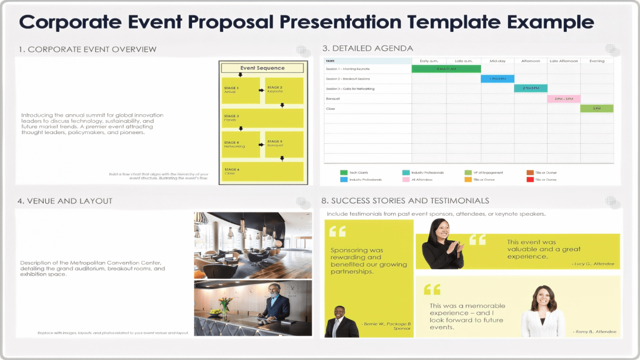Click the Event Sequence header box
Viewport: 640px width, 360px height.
[x=262, y=68]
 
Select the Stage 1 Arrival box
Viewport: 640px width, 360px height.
[x=240, y=90]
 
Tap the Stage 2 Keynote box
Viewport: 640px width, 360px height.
[x=284, y=90]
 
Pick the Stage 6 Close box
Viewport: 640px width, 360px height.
[x=262, y=171]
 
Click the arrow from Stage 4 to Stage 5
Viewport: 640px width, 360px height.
[x=262, y=146]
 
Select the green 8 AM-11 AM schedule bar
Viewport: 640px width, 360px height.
[x=446, y=69]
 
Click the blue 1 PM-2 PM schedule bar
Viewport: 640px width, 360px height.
[x=497, y=79]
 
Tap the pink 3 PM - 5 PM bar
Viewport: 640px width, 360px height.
[x=564, y=99]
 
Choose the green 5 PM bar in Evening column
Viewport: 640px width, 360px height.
[x=597, y=108]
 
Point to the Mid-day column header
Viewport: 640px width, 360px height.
[x=497, y=61]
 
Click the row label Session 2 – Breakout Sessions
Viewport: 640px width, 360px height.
[x=348, y=79]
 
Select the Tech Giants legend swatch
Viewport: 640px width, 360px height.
[x=344, y=173]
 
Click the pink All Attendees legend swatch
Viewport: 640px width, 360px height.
[x=406, y=180]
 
